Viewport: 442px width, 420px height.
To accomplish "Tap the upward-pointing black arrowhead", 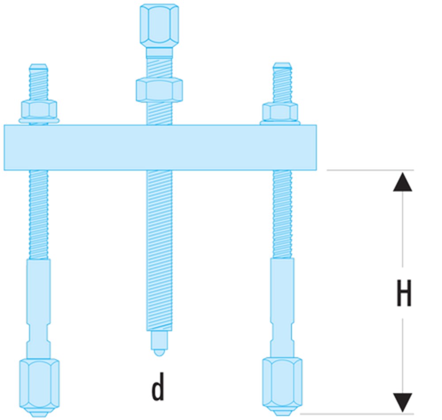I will click(403, 182).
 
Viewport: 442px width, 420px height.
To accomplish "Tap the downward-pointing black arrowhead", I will click(403, 402).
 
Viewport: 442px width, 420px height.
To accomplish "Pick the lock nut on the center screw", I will click(159, 89).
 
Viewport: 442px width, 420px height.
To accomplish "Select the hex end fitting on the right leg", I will click(282, 383).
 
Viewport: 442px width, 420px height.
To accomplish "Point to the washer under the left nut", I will click(39, 120).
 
